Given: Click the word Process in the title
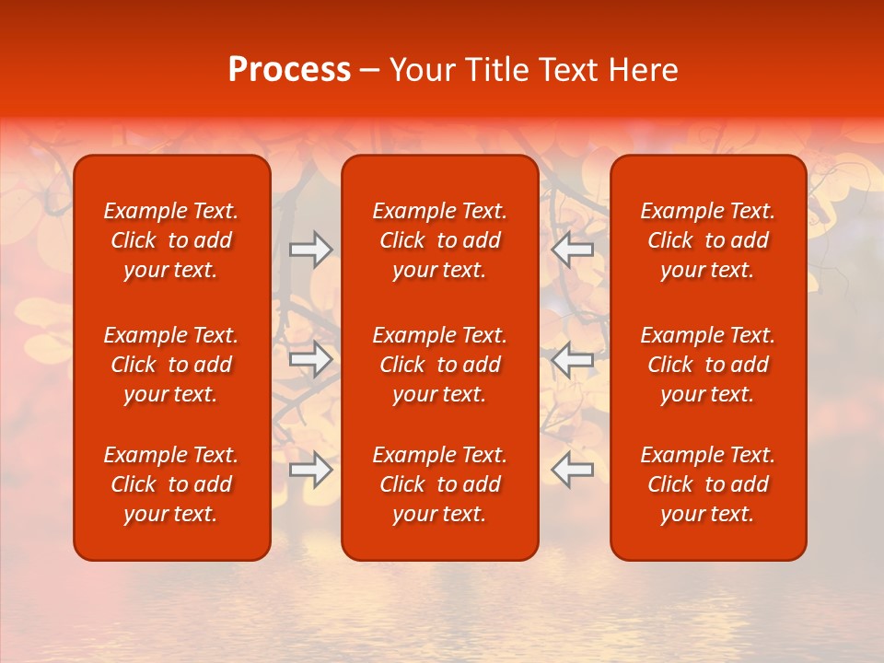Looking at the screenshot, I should click(289, 70).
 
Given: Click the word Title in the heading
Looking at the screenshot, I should click(495, 70).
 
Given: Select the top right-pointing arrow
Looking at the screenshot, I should click(310, 250).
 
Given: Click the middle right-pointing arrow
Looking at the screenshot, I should click(310, 359).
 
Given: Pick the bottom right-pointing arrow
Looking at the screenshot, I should click(310, 470).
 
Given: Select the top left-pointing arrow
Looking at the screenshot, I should click(573, 250).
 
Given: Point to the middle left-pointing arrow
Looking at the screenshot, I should click(573, 359).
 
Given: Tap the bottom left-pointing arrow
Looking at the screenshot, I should click(573, 470).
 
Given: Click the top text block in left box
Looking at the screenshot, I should click(171, 240).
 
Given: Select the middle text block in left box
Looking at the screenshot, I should click(171, 365).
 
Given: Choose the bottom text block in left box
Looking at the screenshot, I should click(171, 484).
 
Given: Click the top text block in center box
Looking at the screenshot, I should click(439, 240).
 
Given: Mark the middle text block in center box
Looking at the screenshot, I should click(439, 365).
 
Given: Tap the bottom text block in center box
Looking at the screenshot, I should click(439, 484).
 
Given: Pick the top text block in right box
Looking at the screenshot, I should click(708, 240).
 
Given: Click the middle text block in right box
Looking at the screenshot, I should click(708, 365).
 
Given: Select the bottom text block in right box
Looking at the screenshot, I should click(708, 484).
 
